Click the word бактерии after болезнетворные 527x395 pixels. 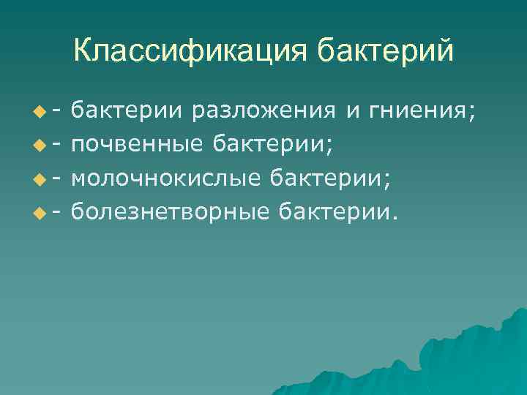pyautogui.click(x=341, y=211)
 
